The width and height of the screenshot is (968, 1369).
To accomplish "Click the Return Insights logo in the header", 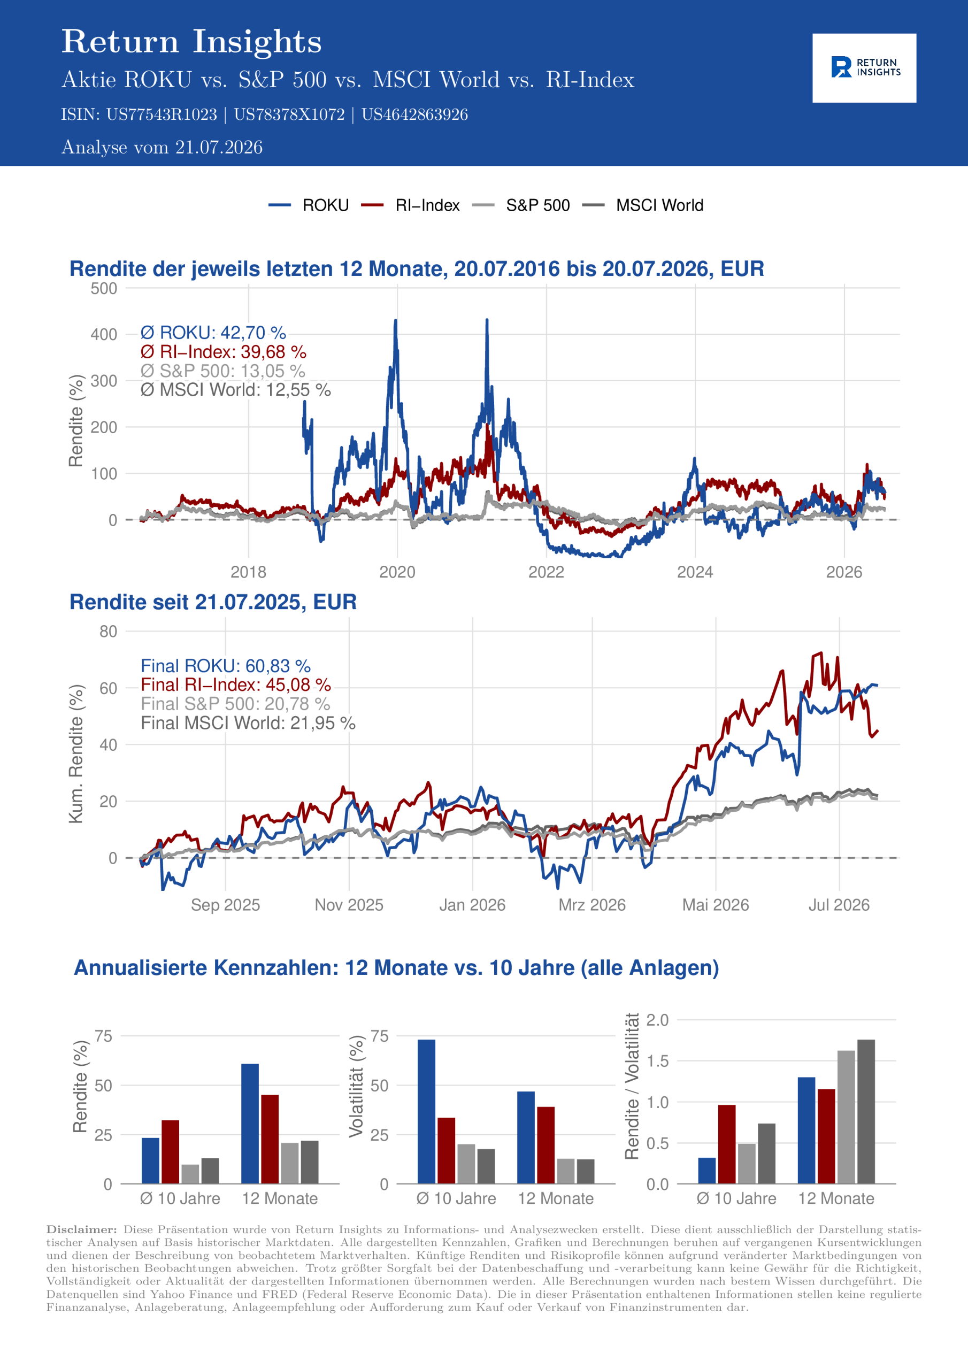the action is point(864,67).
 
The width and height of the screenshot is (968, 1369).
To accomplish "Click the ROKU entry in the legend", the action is point(309,205).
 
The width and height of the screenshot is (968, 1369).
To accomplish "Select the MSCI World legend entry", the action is point(642,205).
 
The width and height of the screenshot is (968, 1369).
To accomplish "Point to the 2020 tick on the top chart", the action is point(397,572).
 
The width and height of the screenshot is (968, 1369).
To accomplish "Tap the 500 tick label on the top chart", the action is point(104,289).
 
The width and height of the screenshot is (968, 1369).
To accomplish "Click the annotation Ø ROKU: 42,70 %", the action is point(213,332).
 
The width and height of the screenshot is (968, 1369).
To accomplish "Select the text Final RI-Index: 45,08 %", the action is point(236,684).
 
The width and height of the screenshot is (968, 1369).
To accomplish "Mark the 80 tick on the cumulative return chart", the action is point(109,632).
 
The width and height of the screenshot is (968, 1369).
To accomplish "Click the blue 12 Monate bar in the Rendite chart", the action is point(250,1124).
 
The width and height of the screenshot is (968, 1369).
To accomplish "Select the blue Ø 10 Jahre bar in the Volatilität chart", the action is point(426,1111).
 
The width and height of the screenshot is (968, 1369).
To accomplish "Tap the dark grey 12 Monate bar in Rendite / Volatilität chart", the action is point(866,1111).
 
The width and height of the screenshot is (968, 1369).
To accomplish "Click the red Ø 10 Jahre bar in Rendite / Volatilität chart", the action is point(726,1144).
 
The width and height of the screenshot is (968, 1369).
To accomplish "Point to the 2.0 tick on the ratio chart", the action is point(657,1020).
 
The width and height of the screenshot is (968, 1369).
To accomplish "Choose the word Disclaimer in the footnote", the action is point(82,1229).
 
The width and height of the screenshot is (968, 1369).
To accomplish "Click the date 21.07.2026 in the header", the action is point(219,147).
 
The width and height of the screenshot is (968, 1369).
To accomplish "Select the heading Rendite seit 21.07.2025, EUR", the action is point(213,602).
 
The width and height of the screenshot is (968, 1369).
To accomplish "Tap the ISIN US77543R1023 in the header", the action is point(162,114).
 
